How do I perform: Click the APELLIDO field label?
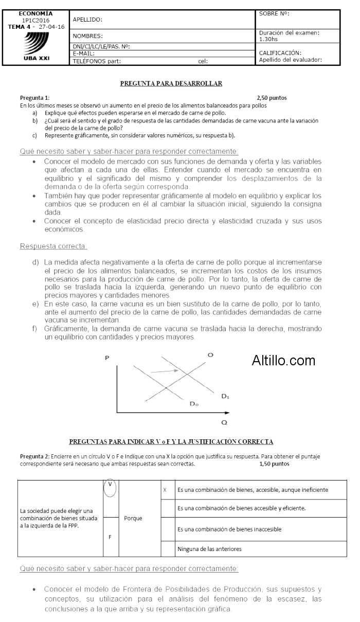point(87,20)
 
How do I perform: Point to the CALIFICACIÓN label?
point(280,52)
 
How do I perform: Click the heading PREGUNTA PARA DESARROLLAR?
point(171,83)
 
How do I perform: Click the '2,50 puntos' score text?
point(272,97)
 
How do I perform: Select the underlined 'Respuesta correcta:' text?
point(53,246)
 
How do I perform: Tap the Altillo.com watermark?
point(283,361)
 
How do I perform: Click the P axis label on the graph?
point(107,358)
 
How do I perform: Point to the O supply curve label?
point(211,355)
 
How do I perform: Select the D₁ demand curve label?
point(225,396)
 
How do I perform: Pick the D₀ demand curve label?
point(194,404)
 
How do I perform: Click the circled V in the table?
point(110,488)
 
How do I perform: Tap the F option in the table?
point(110,536)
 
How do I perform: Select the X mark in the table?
point(165,490)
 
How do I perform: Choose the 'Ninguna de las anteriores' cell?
point(209,549)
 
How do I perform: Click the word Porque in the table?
point(133,518)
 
